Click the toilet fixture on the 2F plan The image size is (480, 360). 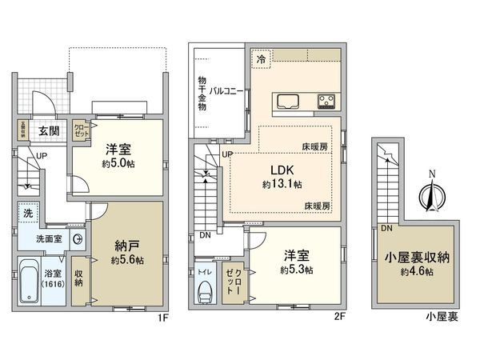pos(204,293)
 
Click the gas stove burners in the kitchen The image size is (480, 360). pos(328,102)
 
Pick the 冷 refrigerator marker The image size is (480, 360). pos(261,58)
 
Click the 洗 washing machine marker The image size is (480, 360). pos(26,214)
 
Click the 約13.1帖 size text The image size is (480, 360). pos(282,185)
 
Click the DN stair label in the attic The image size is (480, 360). pos(386,229)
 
